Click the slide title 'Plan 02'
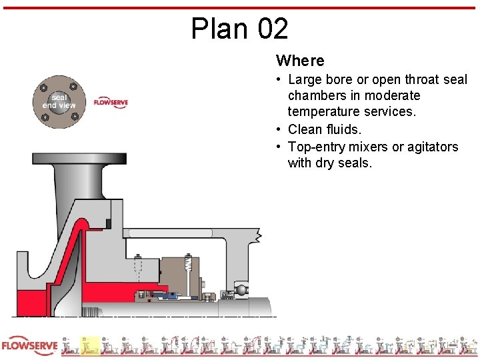pos(240,29)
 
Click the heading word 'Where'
pos(300,61)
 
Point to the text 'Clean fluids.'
pos(325,129)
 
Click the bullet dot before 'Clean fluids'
pos(280,129)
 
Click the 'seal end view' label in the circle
pos(59,101)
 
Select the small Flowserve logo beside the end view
pos(111,103)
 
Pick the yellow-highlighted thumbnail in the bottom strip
pos(89,346)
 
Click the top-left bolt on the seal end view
pos(44,88)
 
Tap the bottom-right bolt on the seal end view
pos(74,118)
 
